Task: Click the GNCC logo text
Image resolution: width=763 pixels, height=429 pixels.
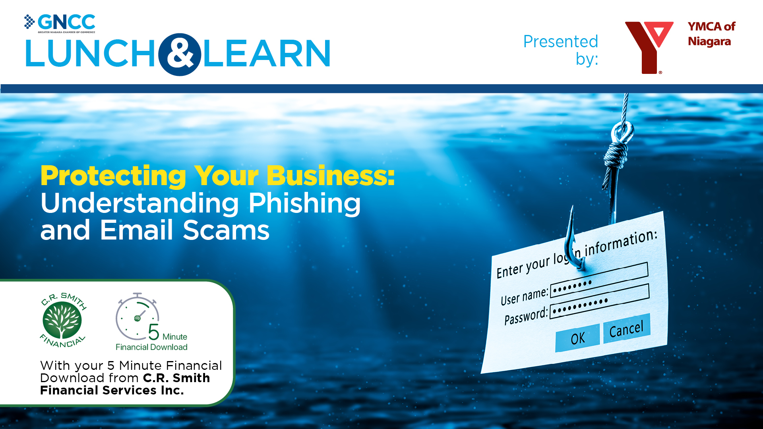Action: [x=66, y=22]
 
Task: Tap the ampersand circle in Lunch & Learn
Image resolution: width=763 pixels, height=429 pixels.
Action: [x=180, y=54]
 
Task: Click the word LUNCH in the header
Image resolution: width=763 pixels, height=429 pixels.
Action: [x=91, y=54]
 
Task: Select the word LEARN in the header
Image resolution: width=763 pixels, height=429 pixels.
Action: [x=267, y=54]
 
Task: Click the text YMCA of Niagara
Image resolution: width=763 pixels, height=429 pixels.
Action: [x=711, y=34]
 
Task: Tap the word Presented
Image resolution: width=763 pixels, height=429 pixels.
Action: [x=560, y=42]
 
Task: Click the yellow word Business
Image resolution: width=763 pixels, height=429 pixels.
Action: [x=330, y=176]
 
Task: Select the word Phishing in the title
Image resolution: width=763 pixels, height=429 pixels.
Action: [x=304, y=203]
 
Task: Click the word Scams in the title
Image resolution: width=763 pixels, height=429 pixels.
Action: [x=226, y=230]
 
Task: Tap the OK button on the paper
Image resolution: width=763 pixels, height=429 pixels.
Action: [x=577, y=338]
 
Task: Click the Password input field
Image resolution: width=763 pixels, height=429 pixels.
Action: [x=599, y=301]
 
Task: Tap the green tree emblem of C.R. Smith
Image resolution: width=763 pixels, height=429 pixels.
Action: [x=62, y=320]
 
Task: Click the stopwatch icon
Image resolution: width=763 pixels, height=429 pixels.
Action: [x=137, y=317]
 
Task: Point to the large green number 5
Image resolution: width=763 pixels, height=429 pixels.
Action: [x=154, y=332]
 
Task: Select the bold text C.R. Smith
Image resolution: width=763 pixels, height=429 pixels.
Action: [x=176, y=378]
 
